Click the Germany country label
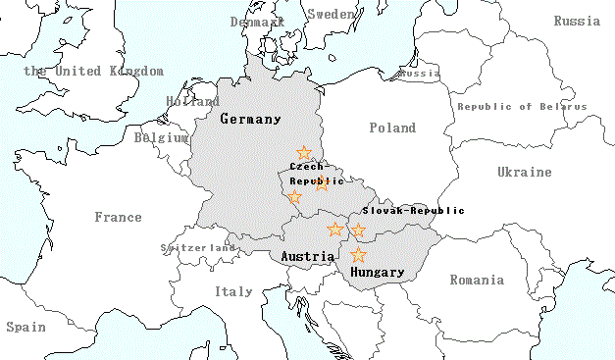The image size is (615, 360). click(x=250, y=119)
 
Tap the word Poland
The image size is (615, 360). click(x=392, y=128)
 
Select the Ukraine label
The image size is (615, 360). click(x=524, y=172)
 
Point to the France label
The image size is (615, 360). click(x=118, y=217)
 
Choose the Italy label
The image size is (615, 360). click(x=233, y=291)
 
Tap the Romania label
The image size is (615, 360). click(x=477, y=280)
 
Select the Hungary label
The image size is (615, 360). click(x=377, y=272)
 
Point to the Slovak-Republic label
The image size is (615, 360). click(x=413, y=210)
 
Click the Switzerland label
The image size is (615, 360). click(x=200, y=248)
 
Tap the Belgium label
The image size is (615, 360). click(x=161, y=138)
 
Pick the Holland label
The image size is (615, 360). click(x=193, y=101)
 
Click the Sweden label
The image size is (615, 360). click(x=333, y=14)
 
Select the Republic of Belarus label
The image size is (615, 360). click(x=522, y=106)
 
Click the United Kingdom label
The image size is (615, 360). click(x=93, y=71)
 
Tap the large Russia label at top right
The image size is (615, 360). click(x=577, y=21)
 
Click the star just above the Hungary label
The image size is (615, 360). click(x=359, y=255)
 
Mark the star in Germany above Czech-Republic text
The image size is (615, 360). click(x=304, y=153)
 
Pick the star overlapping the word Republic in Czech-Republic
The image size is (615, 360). click(x=323, y=183)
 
